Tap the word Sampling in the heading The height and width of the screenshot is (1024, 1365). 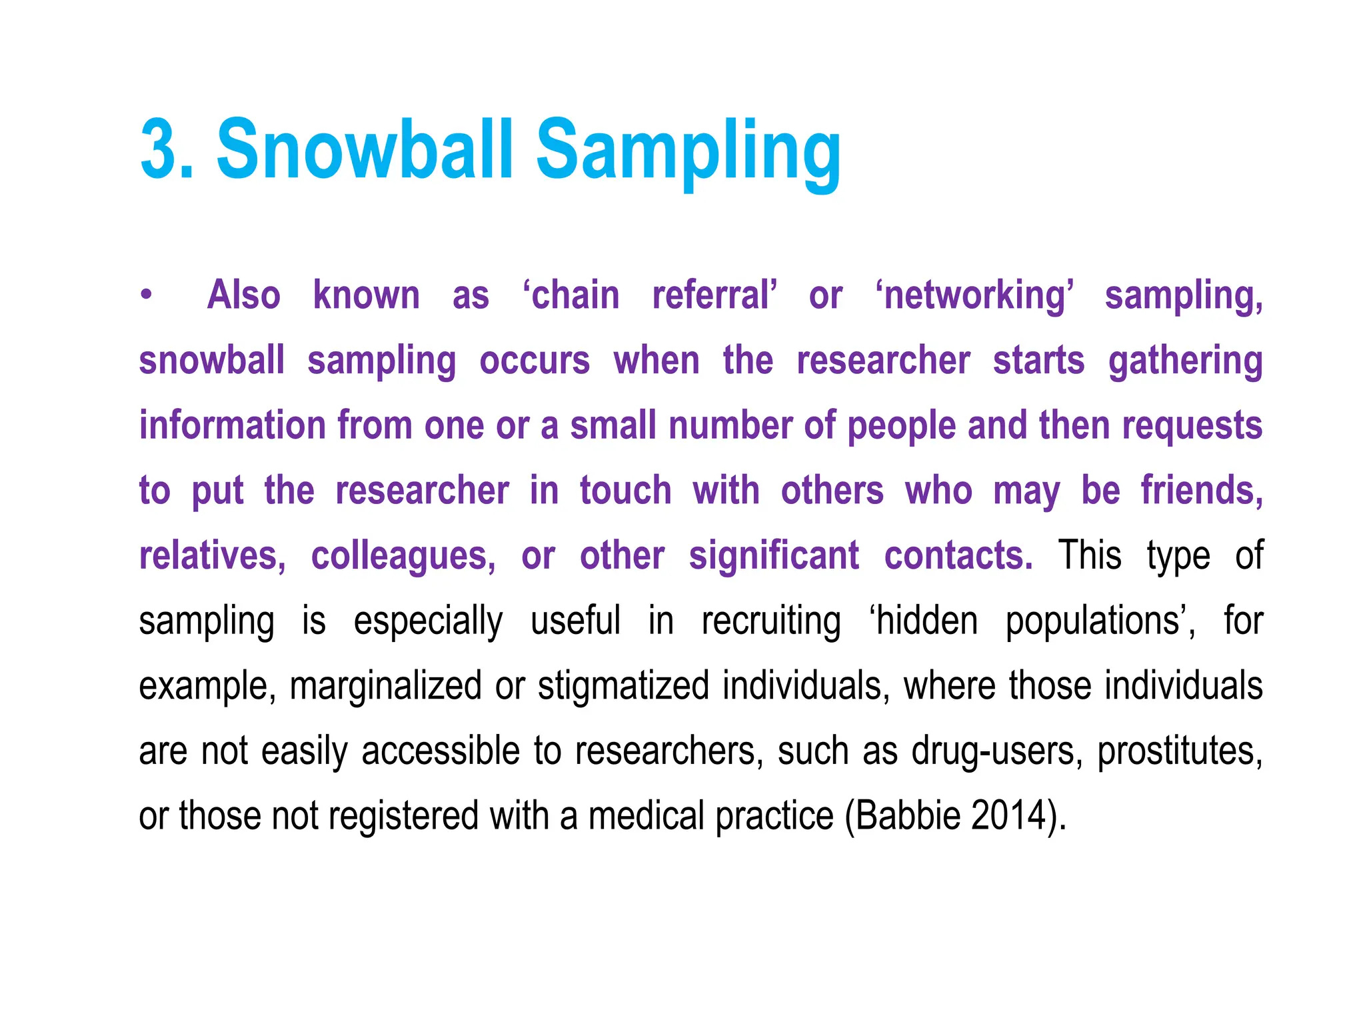(688, 153)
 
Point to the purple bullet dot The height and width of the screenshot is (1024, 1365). (146, 295)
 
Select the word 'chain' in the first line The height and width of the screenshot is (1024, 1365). (572, 295)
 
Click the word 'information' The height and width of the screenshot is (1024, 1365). (231, 425)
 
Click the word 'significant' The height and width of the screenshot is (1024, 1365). (773, 555)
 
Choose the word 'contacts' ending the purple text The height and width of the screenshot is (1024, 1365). (958, 555)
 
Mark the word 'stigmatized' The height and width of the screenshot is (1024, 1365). (623, 686)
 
